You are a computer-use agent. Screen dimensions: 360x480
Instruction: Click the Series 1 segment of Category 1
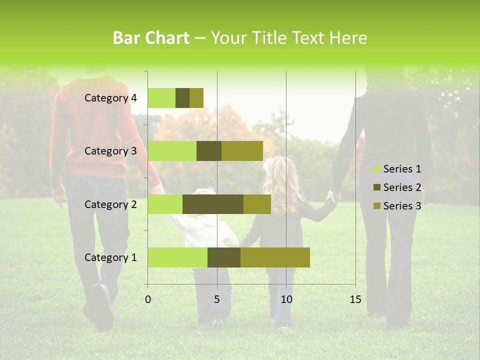pos(177,257)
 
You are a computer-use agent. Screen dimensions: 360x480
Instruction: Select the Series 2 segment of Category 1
pos(224,257)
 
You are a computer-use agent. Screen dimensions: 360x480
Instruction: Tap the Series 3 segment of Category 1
pos(275,257)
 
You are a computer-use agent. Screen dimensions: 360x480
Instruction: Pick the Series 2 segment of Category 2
pos(213,204)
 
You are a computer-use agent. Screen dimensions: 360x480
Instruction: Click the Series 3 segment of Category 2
pos(257,204)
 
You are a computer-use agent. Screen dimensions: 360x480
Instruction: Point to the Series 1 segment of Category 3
pos(172,151)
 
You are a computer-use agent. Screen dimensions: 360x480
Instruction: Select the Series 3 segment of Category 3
pos(242,151)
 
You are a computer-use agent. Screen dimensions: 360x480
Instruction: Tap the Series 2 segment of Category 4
pos(182,98)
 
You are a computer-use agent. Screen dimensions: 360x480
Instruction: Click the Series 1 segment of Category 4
pos(161,98)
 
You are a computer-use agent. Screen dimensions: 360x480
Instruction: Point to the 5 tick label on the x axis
pos(217,299)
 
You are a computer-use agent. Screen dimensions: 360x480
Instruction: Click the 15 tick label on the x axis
pos(355,299)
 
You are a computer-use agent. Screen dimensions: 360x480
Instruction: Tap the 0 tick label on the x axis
pos(148,299)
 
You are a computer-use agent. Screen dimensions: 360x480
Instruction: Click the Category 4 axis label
pos(110,98)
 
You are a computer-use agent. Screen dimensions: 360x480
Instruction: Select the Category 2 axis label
pos(110,204)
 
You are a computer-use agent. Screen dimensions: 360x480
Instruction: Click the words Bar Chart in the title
pos(151,38)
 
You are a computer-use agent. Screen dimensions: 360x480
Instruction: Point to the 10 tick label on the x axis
pos(286,299)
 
